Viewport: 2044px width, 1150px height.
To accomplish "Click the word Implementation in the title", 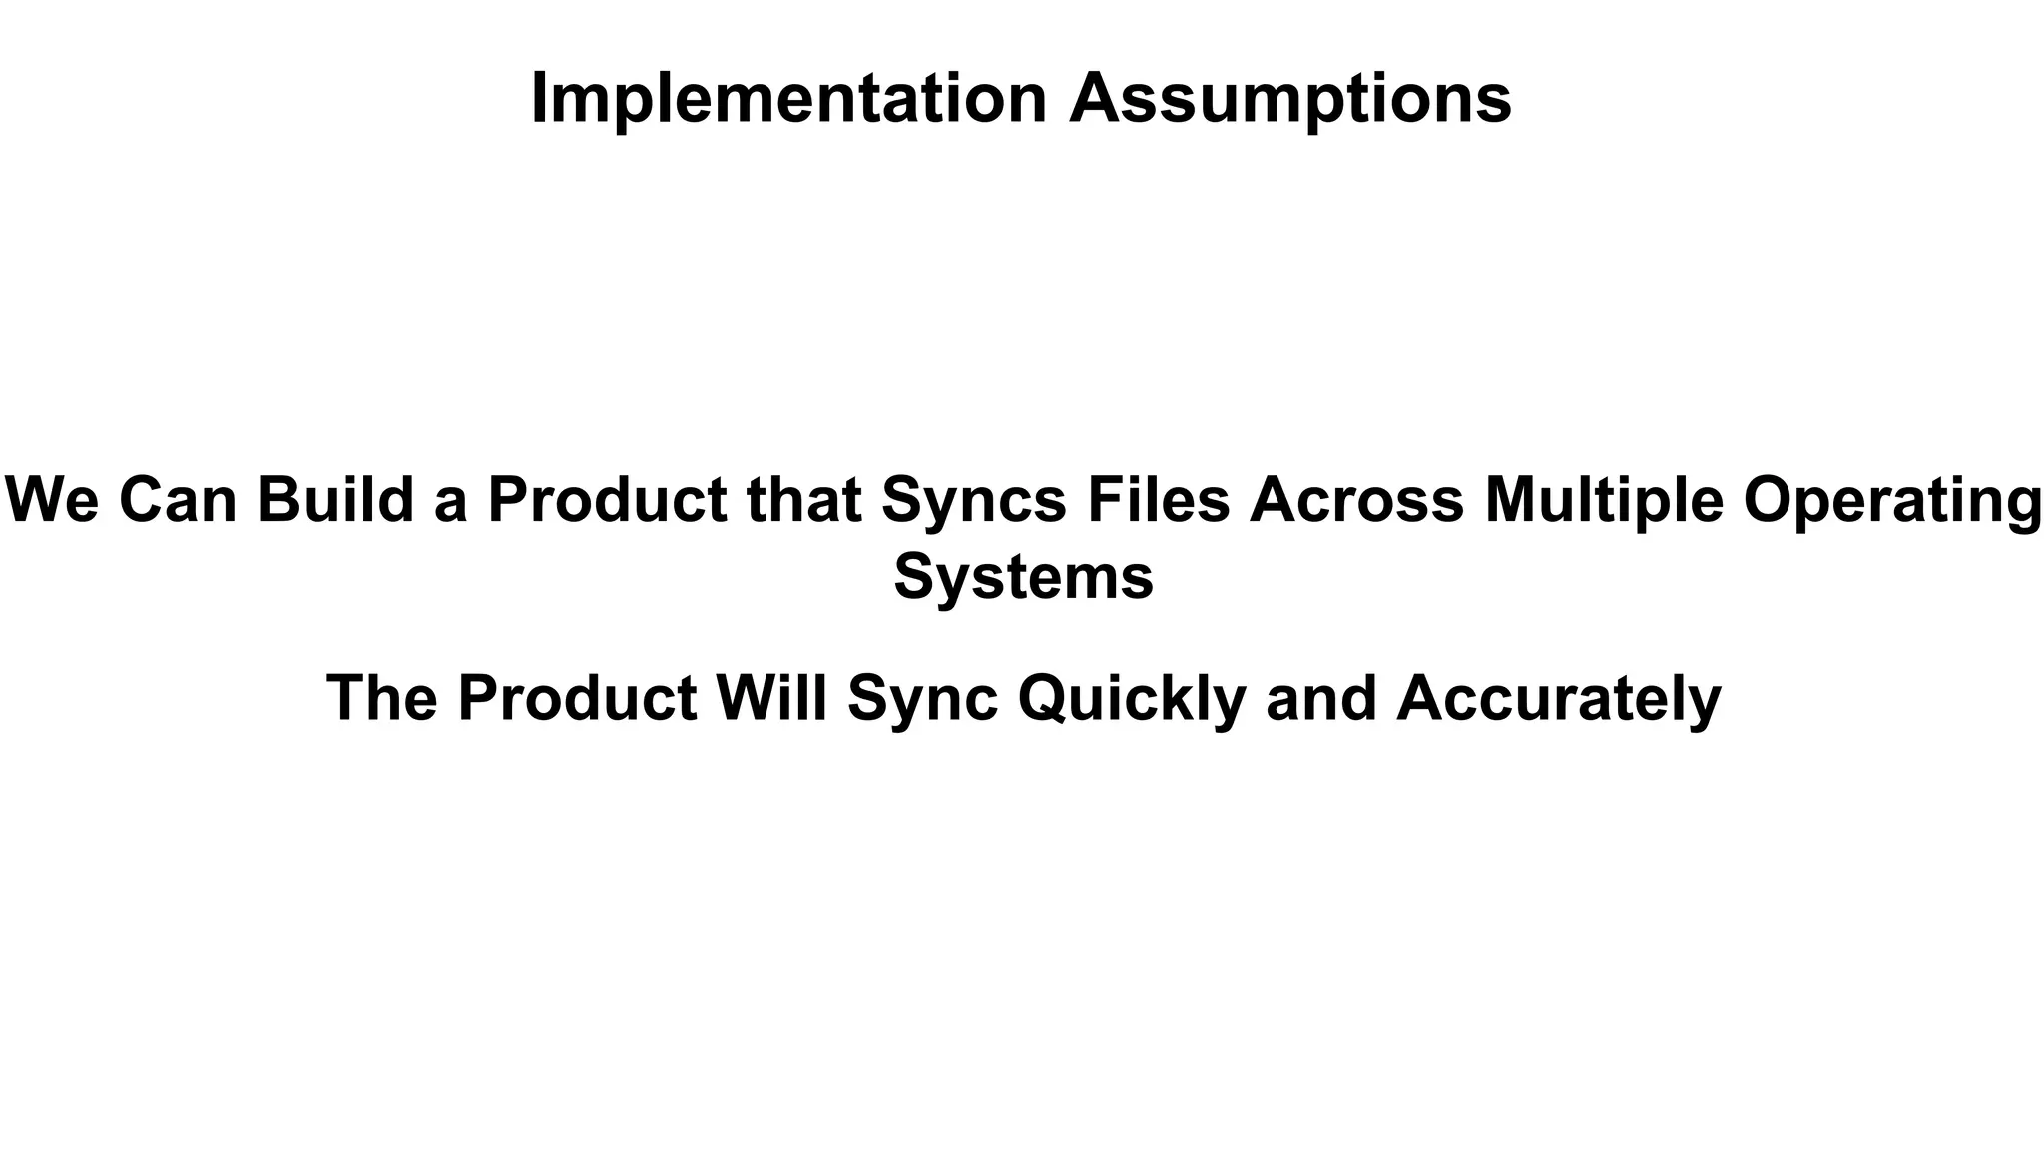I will click(x=788, y=99).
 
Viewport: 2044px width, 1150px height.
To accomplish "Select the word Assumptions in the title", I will click(x=1290, y=99).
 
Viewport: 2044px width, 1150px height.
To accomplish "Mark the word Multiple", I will click(x=1604, y=501).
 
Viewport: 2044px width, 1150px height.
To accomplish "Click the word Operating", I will click(x=1892, y=501).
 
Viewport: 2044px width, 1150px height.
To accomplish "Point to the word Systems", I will click(x=1023, y=577).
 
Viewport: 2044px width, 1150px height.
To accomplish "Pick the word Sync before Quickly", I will click(x=922, y=699).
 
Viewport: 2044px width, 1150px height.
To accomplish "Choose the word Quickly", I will click(x=1132, y=699).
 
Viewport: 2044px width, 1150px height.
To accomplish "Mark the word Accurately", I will click(x=1559, y=699).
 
